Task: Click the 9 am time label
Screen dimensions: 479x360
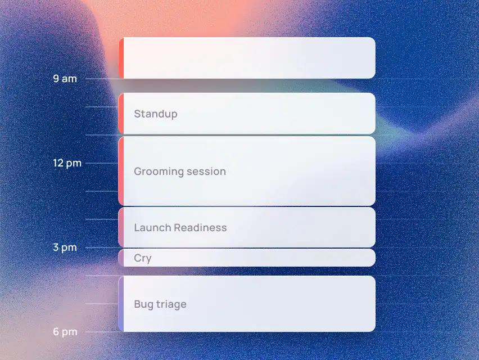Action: click(x=65, y=79)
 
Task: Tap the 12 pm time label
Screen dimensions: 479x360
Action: click(x=67, y=163)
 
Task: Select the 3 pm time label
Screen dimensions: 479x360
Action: click(x=65, y=247)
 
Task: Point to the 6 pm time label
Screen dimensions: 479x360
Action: click(x=65, y=331)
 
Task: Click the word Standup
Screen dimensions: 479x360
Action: click(x=156, y=114)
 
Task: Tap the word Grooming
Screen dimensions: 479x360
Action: click(x=159, y=172)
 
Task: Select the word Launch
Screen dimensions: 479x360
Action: click(x=152, y=228)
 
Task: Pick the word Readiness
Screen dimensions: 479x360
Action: click(x=200, y=228)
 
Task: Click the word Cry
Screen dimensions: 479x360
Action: click(x=143, y=258)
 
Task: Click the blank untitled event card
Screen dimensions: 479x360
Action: click(x=247, y=58)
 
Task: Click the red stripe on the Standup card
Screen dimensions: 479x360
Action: click(x=121, y=114)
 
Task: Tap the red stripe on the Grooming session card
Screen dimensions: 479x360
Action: click(x=121, y=171)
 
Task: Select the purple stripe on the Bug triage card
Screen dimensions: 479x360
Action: click(x=121, y=304)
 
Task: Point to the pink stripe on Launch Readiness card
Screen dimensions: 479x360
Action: click(x=121, y=227)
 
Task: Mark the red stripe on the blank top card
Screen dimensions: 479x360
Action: click(x=121, y=58)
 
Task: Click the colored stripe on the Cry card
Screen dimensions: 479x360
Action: click(x=121, y=258)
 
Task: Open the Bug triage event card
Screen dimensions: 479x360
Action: click(x=247, y=304)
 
